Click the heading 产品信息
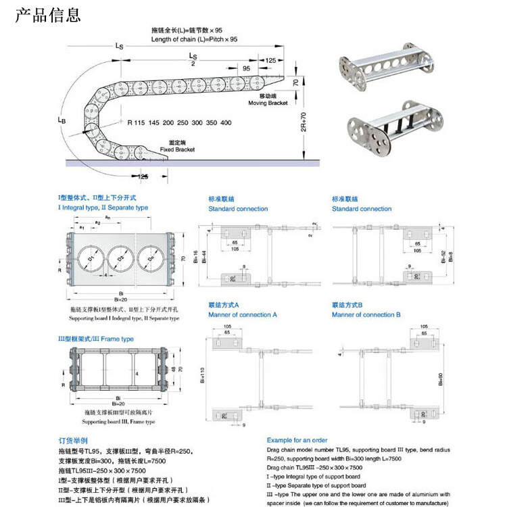48,14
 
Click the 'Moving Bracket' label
268,103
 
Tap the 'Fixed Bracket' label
177,149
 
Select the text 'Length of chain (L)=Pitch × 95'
195,40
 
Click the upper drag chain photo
383,68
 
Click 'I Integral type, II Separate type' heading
103,208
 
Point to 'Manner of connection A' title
243,315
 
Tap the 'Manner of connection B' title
366,315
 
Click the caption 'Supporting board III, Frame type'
120,422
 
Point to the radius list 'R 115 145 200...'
178,122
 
